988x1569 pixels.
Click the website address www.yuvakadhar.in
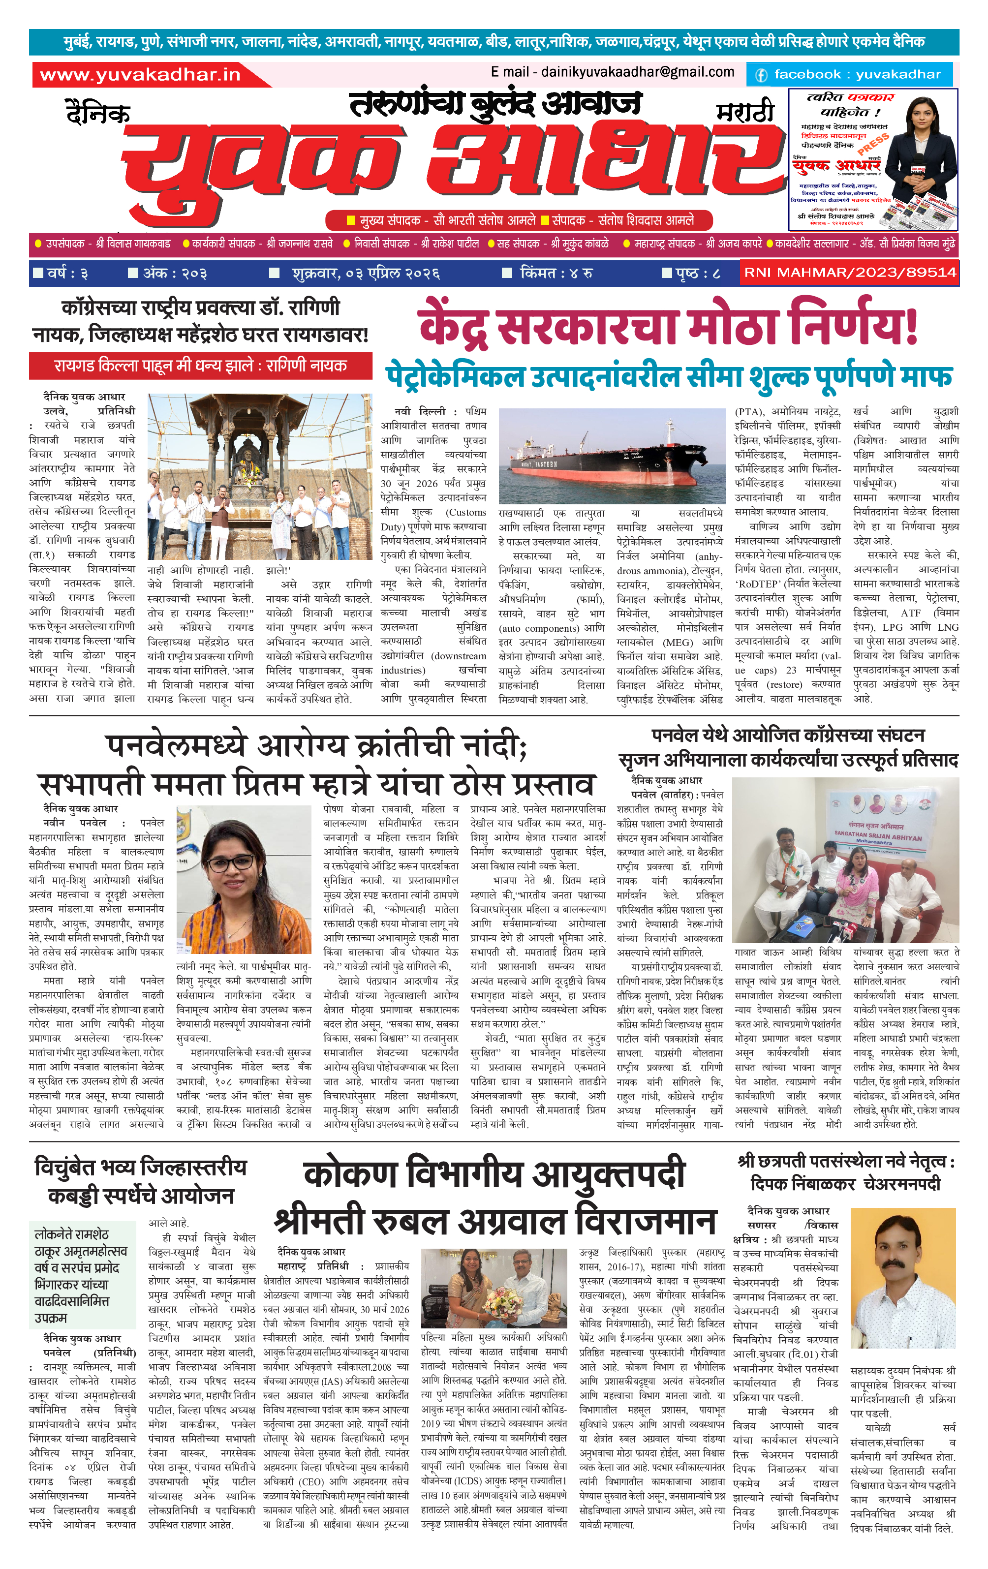coord(140,75)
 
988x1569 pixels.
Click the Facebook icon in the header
coord(761,75)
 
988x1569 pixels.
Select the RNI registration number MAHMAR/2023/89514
coord(850,273)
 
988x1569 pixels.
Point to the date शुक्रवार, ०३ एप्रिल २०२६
coord(366,273)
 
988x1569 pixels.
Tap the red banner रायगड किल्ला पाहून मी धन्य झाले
coord(200,366)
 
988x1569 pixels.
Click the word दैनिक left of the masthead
coord(98,113)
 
